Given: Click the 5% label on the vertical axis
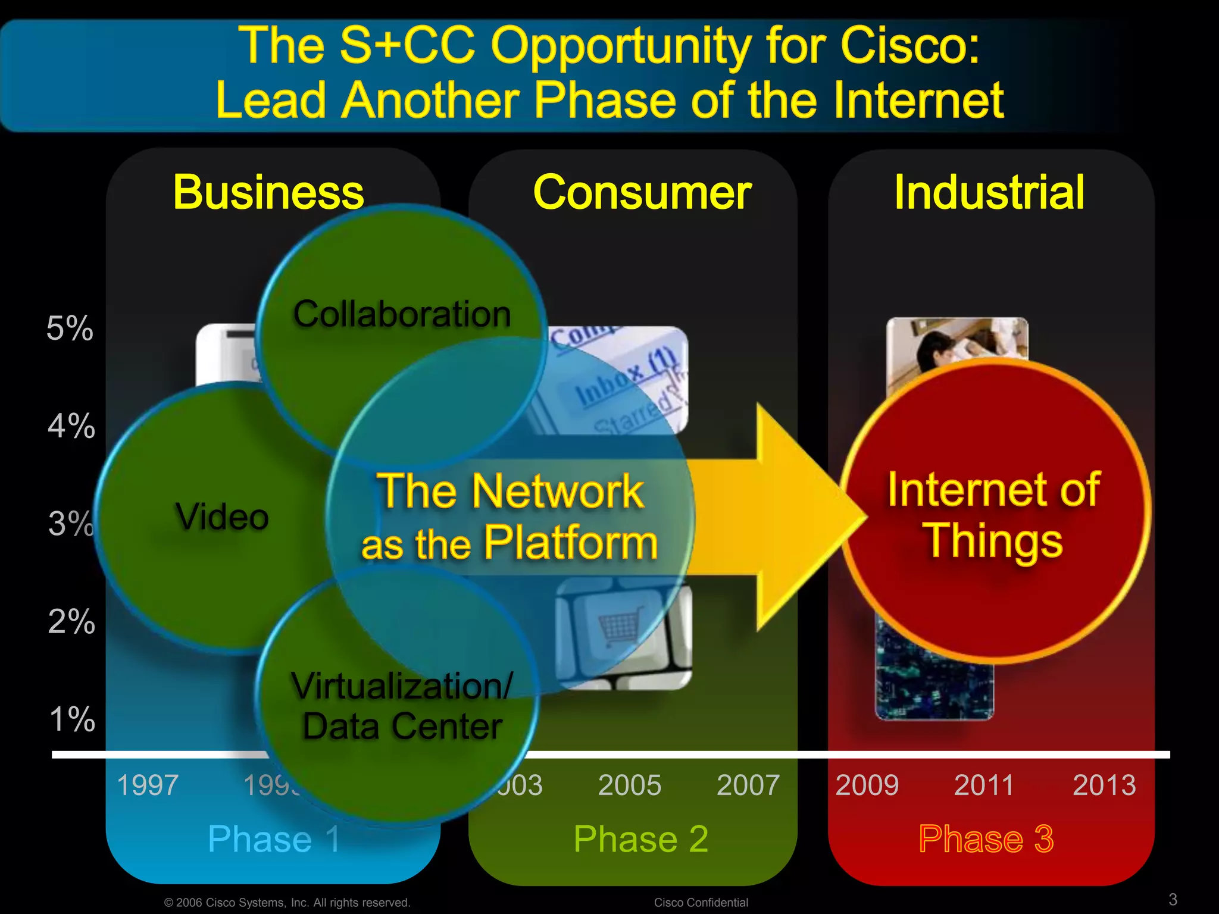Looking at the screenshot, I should click(x=70, y=328).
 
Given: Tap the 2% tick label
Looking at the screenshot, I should click(x=71, y=621).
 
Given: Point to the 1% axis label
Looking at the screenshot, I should click(x=72, y=719).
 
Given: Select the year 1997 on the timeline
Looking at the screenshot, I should click(x=148, y=785).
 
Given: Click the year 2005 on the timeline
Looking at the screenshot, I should click(x=629, y=785).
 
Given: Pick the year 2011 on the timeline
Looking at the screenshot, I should click(x=984, y=785).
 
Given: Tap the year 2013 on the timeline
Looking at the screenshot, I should click(x=1104, y=785).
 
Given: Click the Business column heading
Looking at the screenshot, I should click(x=268, y=192).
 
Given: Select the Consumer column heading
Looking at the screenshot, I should click(x=642, y=192).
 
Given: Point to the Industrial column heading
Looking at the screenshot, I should click(x=989, y=192).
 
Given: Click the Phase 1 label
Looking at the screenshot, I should click(x=274, y=839).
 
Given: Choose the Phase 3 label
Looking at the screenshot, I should click(x=986, y=839).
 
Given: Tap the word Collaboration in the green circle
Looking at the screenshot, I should click(x=402, y=314).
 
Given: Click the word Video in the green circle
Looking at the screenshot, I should click(x=221, y=516).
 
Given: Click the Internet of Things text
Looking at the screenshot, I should click(x=993, y=515).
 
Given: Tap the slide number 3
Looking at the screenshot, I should click(x=1173, y=899).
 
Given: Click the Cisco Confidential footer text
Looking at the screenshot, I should click(x=701, y=902).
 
